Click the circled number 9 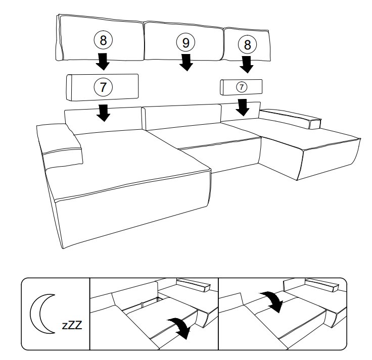tap(185, 42)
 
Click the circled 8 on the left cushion tap(103, 39)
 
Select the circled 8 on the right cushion tap(247, 44)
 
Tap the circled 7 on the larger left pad tap(103, 86)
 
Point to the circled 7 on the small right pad tap(241, 87)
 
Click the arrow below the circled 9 tap(186, 62)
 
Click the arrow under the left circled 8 tap(103, 61)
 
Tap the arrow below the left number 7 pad tap(104, 112)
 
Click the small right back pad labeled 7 tap(241, 87)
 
